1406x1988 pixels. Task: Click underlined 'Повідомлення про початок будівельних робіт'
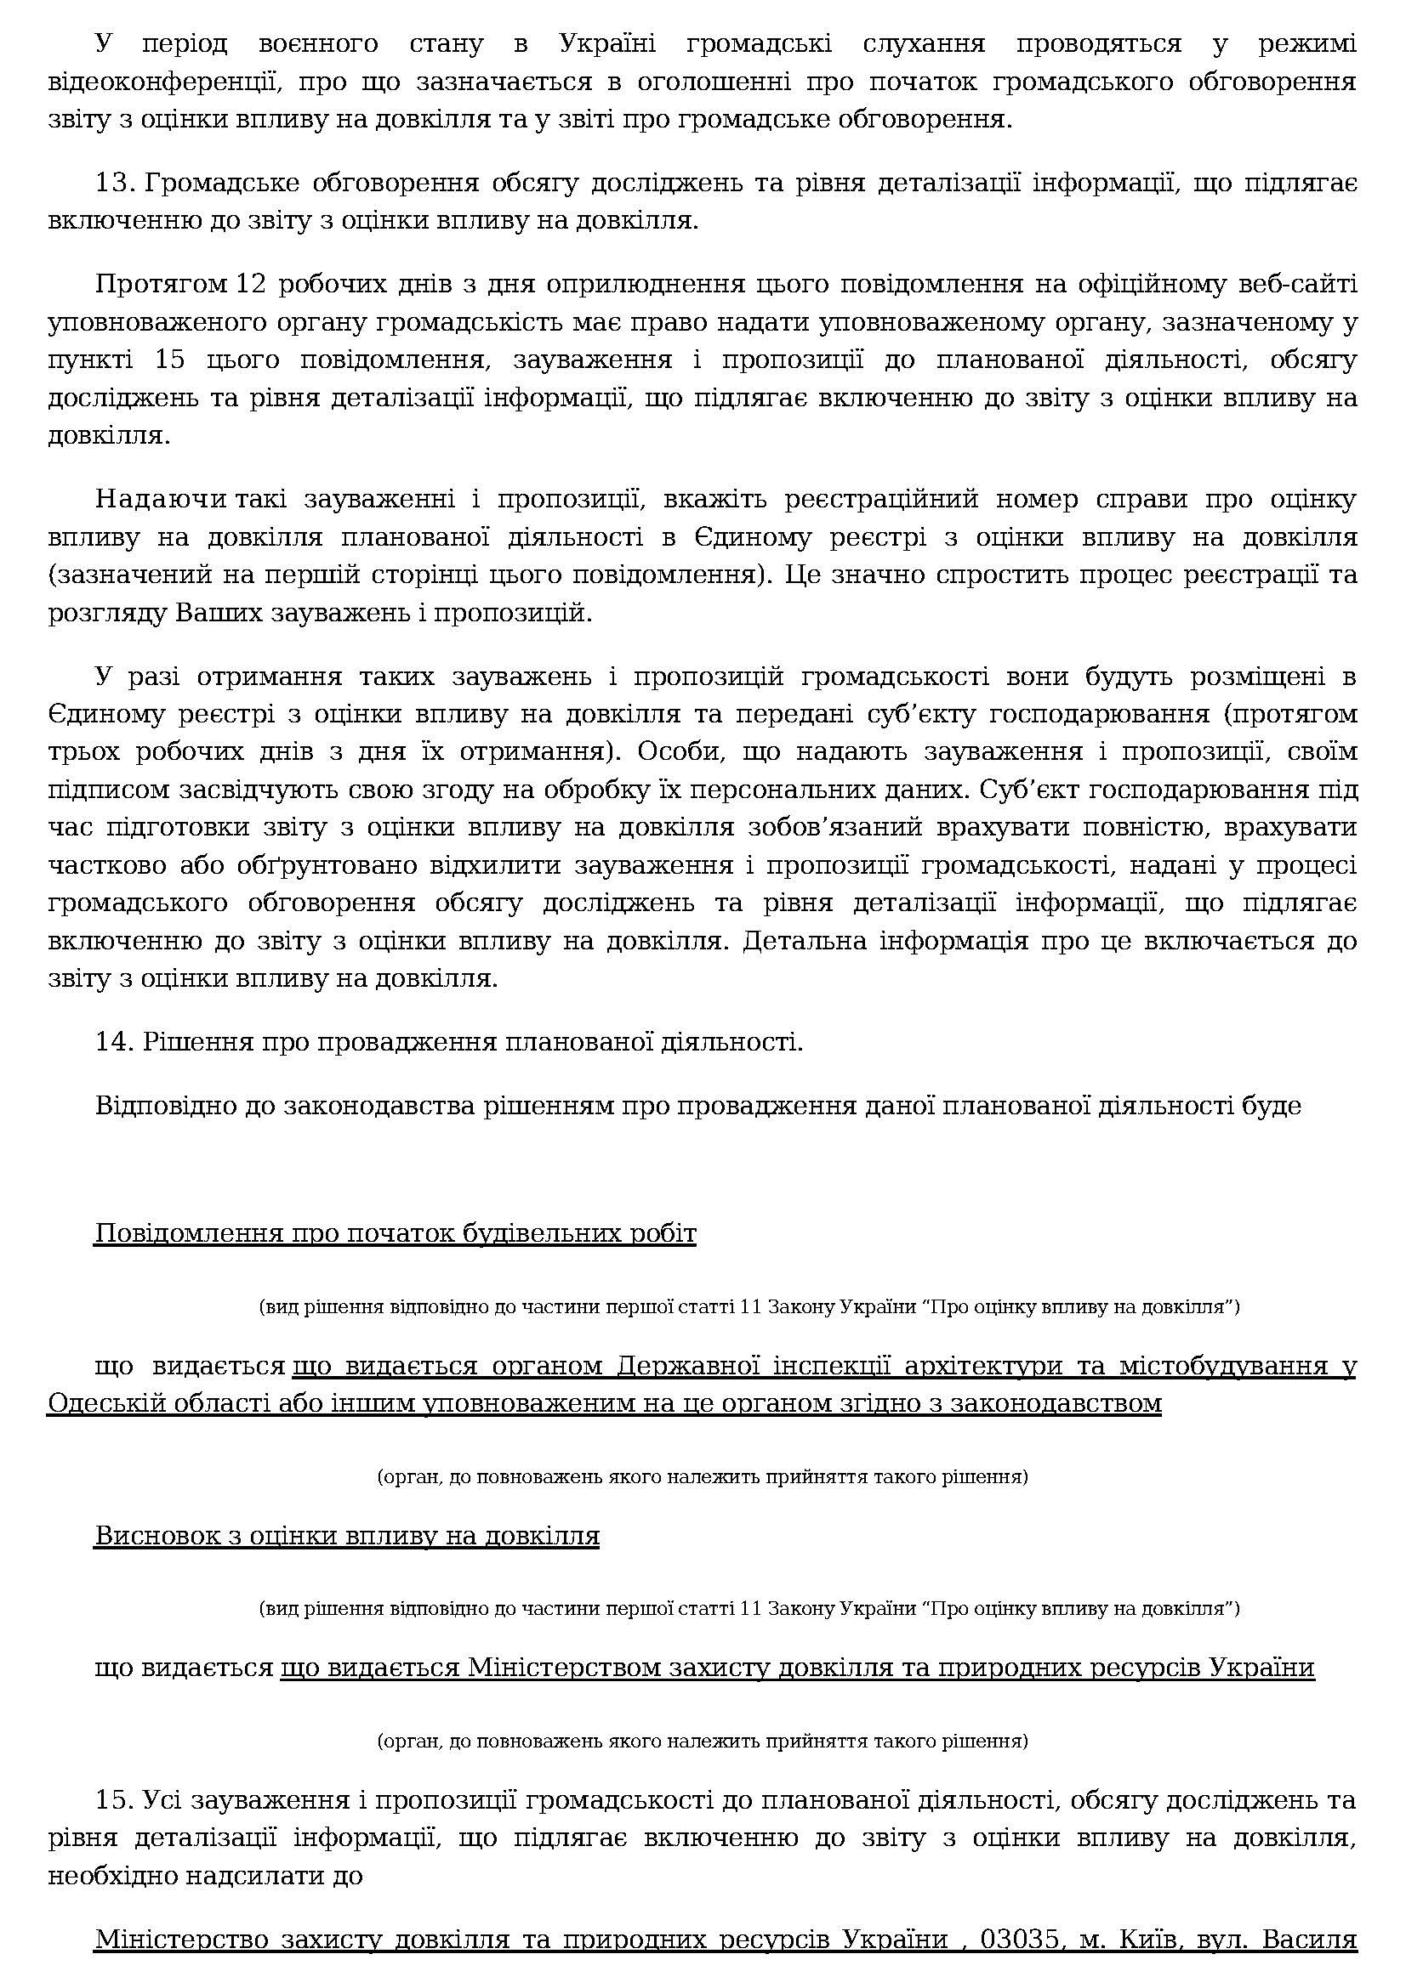click(395, 1233)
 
